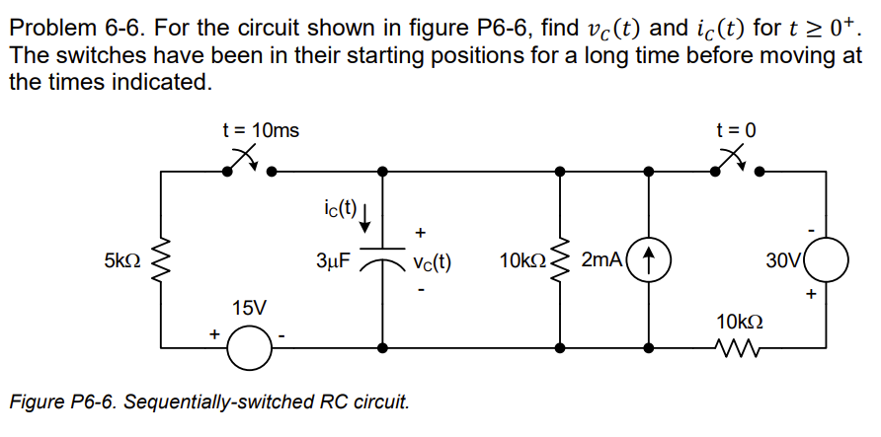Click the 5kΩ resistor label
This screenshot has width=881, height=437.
[x=121, y=262]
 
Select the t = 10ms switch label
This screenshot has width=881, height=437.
[x=262, y=130]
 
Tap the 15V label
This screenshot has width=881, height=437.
[x=248, y=308]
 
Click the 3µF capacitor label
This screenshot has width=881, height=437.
[x=334, y=262]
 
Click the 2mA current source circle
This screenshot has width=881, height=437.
[x=649, y=261]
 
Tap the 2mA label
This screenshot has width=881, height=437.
[x=601, y=261]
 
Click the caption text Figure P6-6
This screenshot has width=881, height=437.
[x=206, y=402]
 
